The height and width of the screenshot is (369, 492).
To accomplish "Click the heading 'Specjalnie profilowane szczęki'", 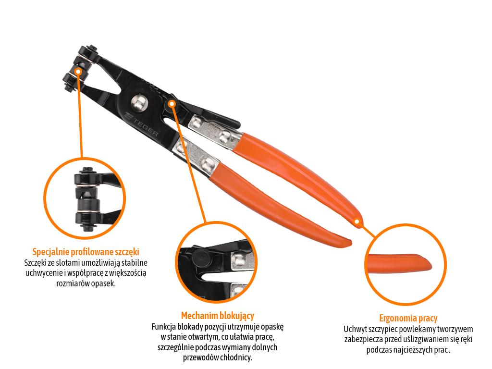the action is tap(86, 252).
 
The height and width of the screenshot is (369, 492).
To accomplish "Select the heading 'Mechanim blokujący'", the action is tap(218, 316).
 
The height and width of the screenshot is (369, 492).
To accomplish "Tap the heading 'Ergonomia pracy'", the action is tap(408, 318).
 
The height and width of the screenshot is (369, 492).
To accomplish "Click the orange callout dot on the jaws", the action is tap(78, 71).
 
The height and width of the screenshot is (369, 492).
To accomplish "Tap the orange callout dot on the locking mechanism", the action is tap(172, 103).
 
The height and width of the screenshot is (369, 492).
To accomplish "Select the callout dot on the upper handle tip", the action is tap(357, 221).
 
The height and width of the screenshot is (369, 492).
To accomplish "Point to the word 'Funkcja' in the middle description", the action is tap(163, 327).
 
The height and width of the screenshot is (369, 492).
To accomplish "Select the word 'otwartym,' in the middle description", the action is tap(204, 337).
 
